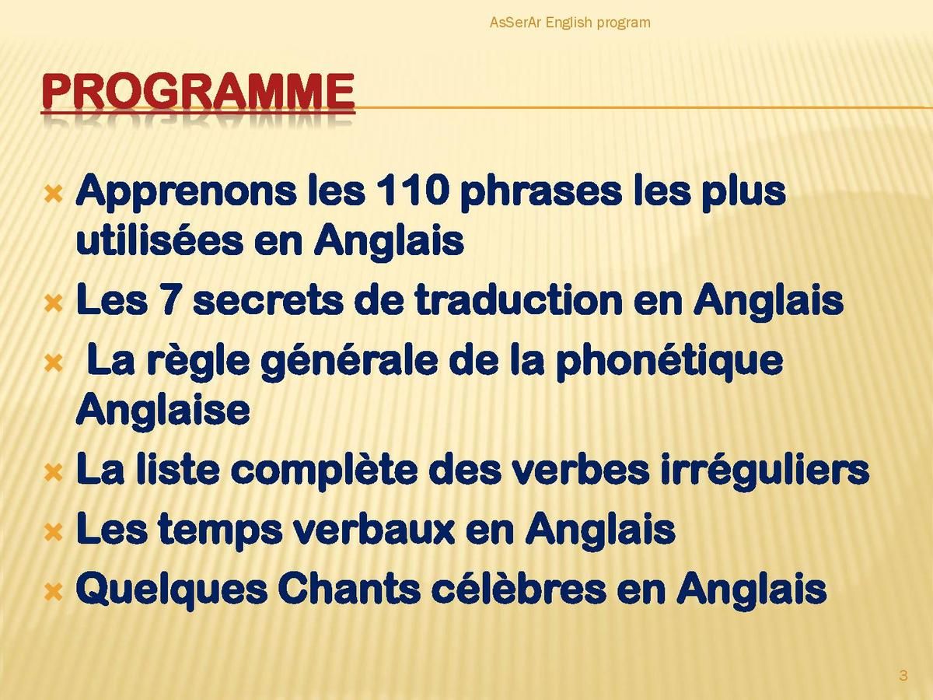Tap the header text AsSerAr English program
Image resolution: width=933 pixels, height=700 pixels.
570,23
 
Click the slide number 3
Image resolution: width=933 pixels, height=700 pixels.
903,675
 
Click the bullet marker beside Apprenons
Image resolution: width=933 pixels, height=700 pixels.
54,195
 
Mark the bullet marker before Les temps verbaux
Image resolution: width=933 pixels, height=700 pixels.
54,533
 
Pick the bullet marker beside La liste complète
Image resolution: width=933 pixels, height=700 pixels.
54,473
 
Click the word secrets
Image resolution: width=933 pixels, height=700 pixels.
268,301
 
